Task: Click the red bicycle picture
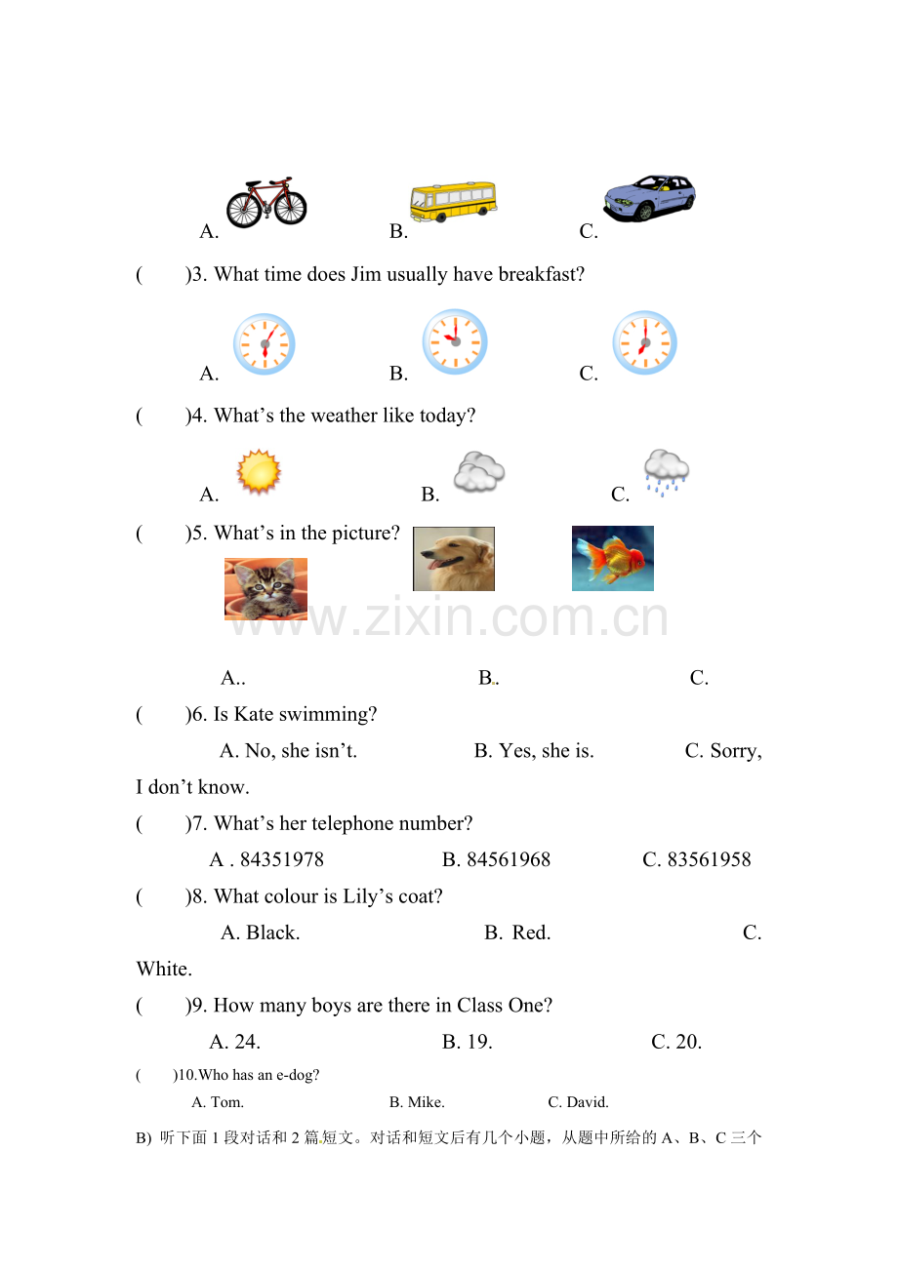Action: (266, 202)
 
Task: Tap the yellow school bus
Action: (453, 201)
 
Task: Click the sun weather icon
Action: (259, 472)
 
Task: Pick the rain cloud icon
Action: (667, 472)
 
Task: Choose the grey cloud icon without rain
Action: (479, 472)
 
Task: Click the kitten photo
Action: (265, 589)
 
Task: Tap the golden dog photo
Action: (454, 559)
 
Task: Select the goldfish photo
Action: (612, 558)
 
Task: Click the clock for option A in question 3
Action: (265, 344)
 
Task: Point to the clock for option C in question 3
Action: (644, 343)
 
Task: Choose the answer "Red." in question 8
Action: (531, 933)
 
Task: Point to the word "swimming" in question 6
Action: (328, 715)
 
